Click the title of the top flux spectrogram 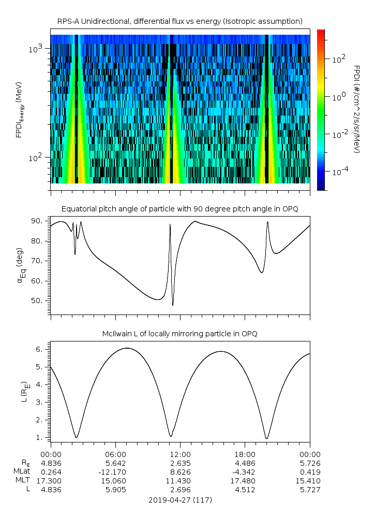pyautogui.click(x=179, y=21)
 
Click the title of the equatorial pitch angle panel pyautogui.click(x=179, y=209)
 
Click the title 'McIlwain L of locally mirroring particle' pyautogui.click(x=179, y=334)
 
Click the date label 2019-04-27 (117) pyautogui.click(x=180, y=500)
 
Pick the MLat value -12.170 pyautogui.click(x=115, y=472)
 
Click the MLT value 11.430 pyautogui.click(x=180, y=481)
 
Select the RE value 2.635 pyautogui.click(x=180, y=463)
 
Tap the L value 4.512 pyautogui.click(x=245, y=490)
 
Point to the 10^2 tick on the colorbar pyautogui.click(x=337, y=59)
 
